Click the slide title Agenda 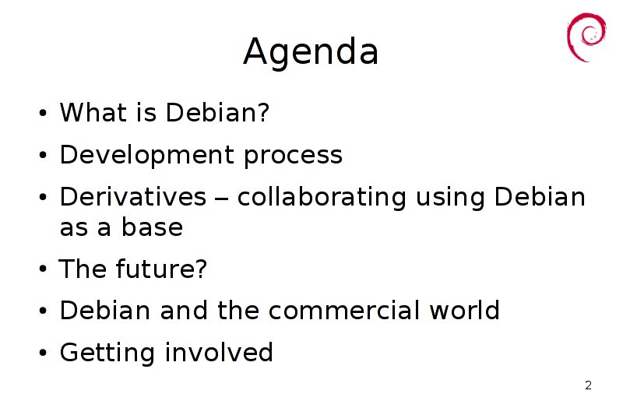click(311, 52)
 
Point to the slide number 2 click(589, 385)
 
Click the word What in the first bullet click(93, 112)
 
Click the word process click(294, 157)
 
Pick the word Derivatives click(133, 196)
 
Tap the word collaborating click(322, 197)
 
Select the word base click(152, 227)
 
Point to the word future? click(162, 269)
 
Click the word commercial click(344, 310)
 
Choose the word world click(464, 310)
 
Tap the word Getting click(107, 353)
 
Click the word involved click(220, 352)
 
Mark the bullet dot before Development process click(43, 154)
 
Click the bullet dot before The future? click(43, 269)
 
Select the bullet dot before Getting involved click(43, 352)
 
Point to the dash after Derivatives click(222, 199)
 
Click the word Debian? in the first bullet click(218, 112)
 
